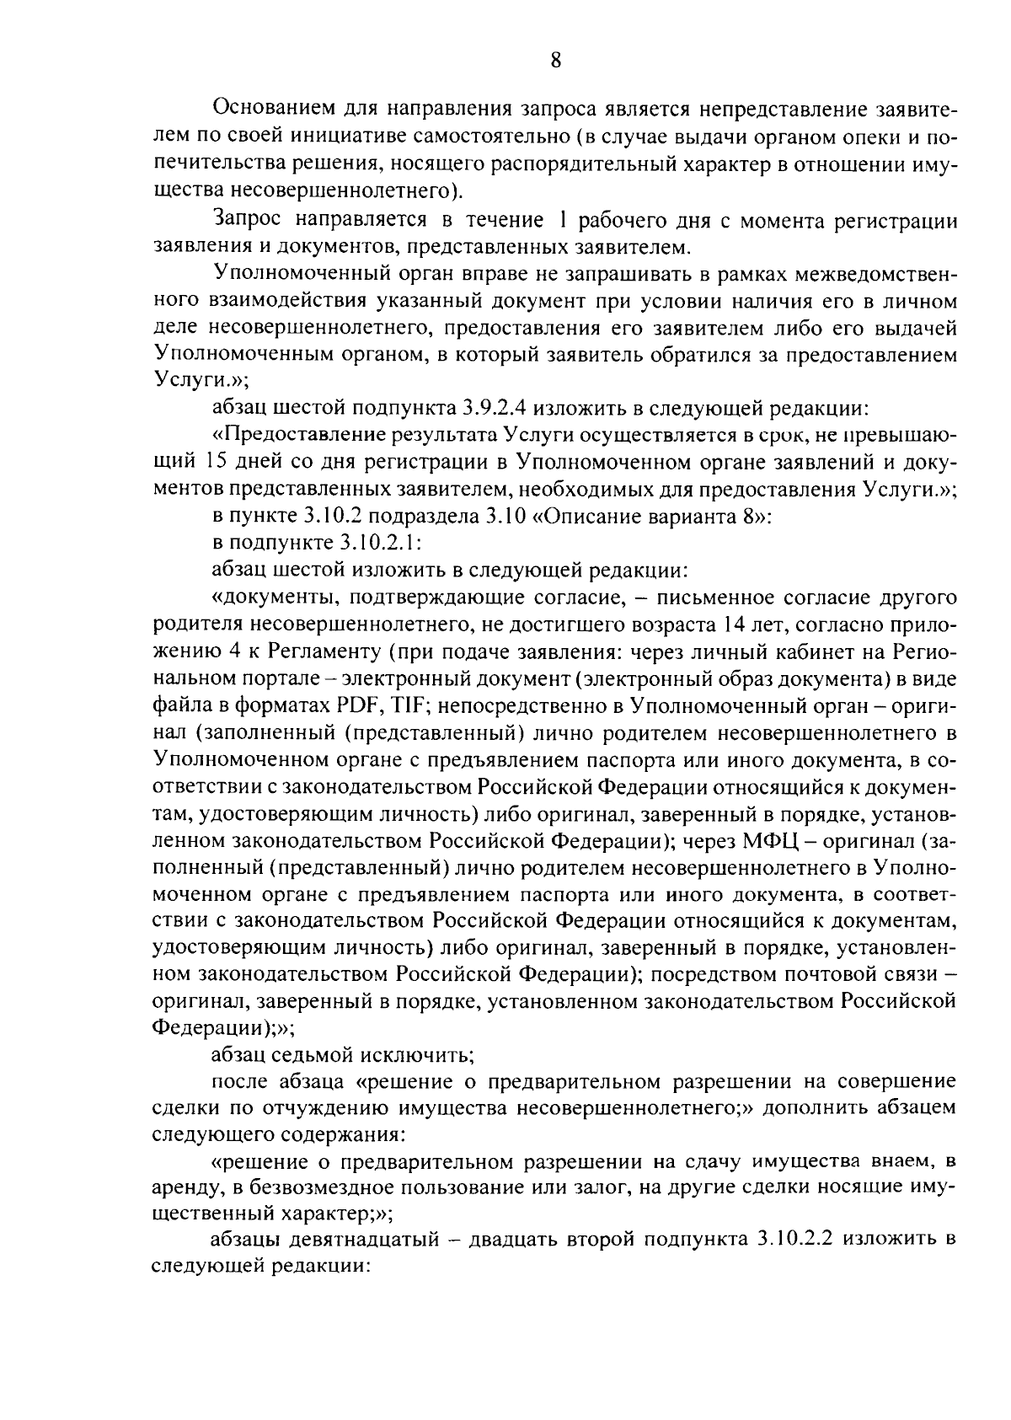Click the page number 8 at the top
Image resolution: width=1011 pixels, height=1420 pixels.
[556, 59]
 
